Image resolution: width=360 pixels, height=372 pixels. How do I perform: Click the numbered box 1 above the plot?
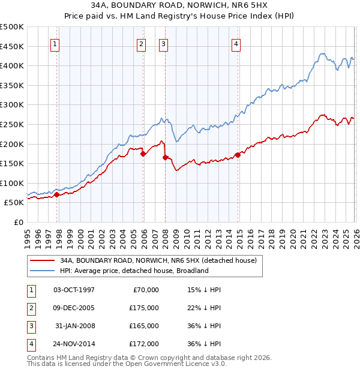tap(55, 43)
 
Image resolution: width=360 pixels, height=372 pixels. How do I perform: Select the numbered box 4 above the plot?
tap(236, 43)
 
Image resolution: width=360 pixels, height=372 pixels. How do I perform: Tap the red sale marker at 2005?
tap(143, 154)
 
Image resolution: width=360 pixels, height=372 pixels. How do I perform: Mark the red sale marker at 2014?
tap(238, 155)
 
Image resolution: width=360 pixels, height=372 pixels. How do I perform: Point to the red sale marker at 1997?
tap(56, 194)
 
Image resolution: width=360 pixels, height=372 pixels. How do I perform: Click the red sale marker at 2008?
tap(165, 158)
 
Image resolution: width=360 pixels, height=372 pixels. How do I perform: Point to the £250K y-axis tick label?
tap(12, 124)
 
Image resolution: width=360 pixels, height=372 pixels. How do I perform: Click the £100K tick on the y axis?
tap(12, 183)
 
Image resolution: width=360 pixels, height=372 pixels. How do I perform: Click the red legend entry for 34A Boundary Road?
tap(158, 260)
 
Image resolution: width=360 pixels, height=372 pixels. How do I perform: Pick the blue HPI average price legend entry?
tap(134, 271)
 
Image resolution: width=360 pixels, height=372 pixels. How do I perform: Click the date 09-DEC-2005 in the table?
tap(74, 308)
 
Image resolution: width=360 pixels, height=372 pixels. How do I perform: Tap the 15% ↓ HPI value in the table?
tap(204, 290)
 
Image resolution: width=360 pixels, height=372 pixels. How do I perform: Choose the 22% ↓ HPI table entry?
tap(204, 308)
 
